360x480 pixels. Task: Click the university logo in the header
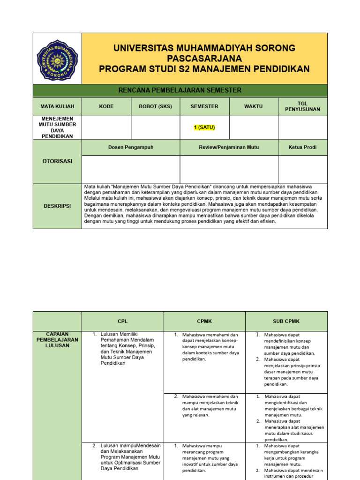pyautogui.click(x=57, y=59)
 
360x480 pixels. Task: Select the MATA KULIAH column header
pyautogui.click(x=57, y=106)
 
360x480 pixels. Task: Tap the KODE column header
pyautogui.click(x=106, y=106)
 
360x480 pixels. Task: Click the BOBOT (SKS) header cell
pyautogui.click(x=155, y=106)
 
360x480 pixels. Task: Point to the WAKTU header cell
pyautogui.click(x=254, y=106)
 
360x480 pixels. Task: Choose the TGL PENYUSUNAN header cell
pyautogui.click(x=302, y=106)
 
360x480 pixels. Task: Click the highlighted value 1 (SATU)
pyautogui.click(x=204, y=127)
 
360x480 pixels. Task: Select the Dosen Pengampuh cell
pyautogui.click(x=131, y=147)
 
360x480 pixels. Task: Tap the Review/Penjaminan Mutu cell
pyautogui.click(x=229, y=147)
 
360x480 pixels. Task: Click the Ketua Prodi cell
pyautogui.click(x=303, y=147)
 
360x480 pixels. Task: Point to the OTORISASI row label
pyautogui.click(x=57, y=161)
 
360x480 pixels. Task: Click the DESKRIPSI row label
pyautogui.click(x=57, y=206)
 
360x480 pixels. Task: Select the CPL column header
pyautogui.click(x=122, y=321)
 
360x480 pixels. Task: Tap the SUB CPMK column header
pyautogui.click(x=286, y=321)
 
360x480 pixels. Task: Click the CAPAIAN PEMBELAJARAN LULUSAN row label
pyautogui.click(x=57, y=340)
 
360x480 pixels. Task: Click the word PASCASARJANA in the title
pyautogui.click(x=204, y=59)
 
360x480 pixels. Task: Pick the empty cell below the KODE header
pyautogui.click(x=106, y=127)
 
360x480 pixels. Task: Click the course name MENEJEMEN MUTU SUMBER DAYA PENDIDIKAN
pyautogui.click(x=57, y=127)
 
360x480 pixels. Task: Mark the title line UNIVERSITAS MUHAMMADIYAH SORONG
pyautogui.click(x=204, y=48)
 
